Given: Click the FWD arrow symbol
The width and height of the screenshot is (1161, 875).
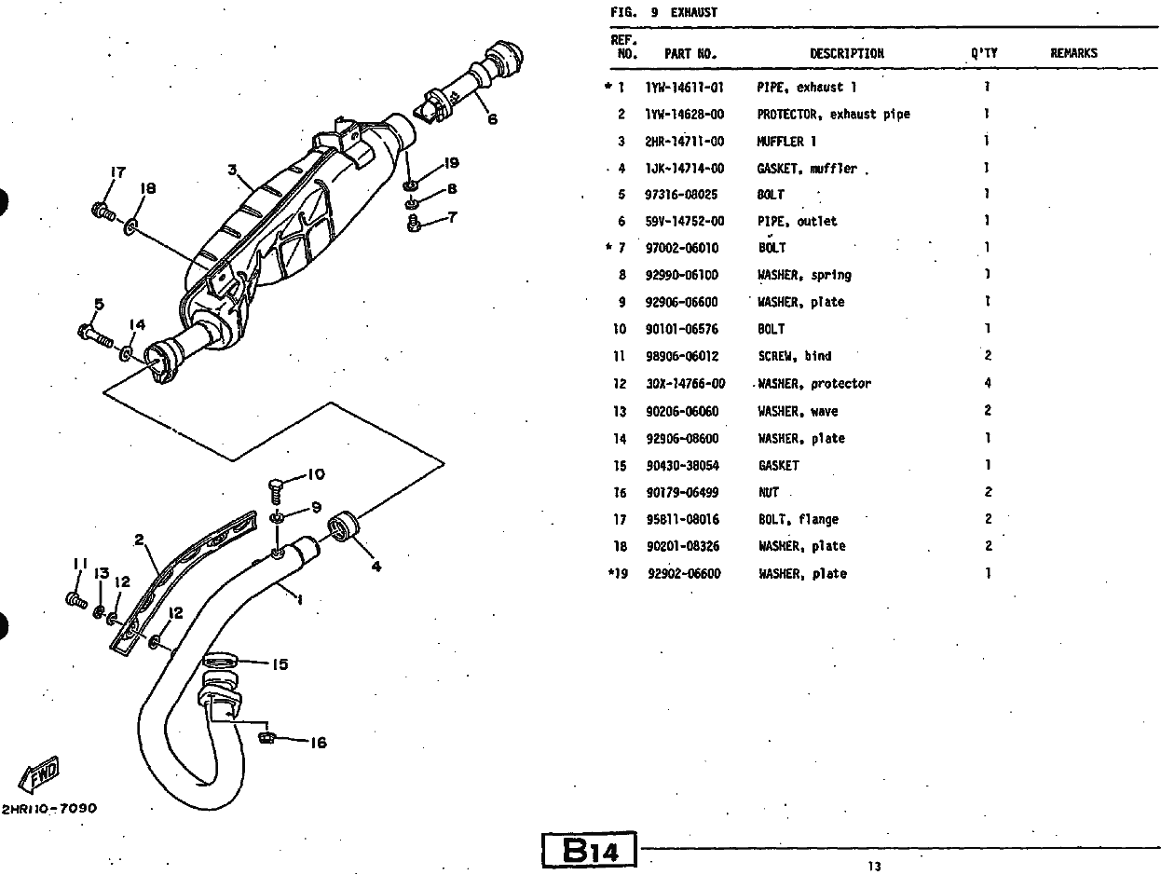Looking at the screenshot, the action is click(x=40, y=774).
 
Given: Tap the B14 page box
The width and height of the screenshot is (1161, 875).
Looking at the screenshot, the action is click(x=589, y=850).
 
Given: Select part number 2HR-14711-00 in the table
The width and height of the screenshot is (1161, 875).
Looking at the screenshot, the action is click(x=685, y=142).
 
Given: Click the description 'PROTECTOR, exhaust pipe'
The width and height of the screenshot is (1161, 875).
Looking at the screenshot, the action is click(x=834, y=115).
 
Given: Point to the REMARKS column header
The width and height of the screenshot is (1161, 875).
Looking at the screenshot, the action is click(x=1073, y=53).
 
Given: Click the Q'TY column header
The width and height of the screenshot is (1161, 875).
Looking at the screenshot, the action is click(x=984, y=53).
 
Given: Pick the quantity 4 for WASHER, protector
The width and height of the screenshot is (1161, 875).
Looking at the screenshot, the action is click(x=988, y=383).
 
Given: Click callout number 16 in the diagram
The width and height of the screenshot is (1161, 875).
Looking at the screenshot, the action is click(x=319, y=743).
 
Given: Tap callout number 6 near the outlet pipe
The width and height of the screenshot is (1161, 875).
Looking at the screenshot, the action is click(x=492, y=119).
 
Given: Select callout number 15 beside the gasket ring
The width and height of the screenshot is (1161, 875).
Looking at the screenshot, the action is click(x=280, y=664).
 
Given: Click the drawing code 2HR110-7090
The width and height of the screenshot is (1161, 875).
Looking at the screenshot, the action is click(x=49, y=808).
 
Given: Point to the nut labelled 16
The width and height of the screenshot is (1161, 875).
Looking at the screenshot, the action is click(x=267, y=737).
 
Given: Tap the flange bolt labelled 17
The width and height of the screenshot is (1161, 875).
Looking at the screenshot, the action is click(x=103, y=212).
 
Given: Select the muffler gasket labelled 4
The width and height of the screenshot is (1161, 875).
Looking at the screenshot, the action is click(x=344, y=526).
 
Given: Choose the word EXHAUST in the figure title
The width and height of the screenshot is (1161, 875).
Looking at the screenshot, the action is click(x=694, y=12).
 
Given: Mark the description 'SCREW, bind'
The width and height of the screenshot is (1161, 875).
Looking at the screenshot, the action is click(x=795, y=356).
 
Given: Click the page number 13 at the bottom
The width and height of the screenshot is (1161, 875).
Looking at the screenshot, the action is click(x=874, y=867).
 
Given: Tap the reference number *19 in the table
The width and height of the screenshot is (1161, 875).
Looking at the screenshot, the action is click(x=619, y=573).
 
